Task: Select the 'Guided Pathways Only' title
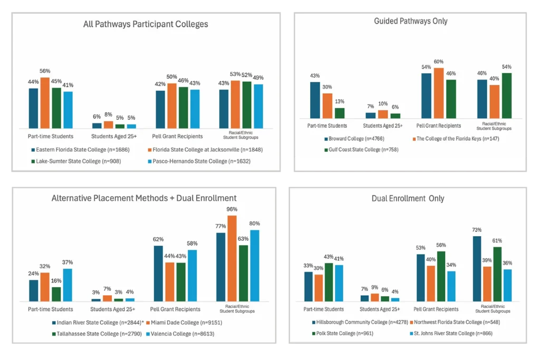click(x=411, y=21)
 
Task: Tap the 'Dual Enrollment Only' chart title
click(x=407, y=199)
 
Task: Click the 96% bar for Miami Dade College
click(x=232, y=258)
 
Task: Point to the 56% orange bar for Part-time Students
click(x=45, y=103)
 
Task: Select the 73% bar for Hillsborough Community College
click(x=477, y=268)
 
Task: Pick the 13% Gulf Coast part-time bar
click(x=340, y=113)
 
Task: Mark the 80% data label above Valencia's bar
click(x=254, y=223)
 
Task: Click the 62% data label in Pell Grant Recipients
click(x=158, y=239)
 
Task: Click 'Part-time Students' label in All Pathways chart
click(x=46, y=136)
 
